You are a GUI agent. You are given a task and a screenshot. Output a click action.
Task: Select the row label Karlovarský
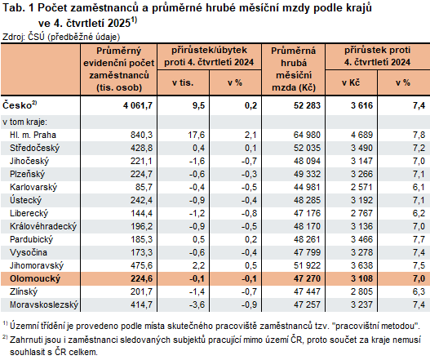tap(33, 186)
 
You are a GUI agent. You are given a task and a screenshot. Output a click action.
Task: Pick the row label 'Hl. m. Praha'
tap(33, 134)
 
